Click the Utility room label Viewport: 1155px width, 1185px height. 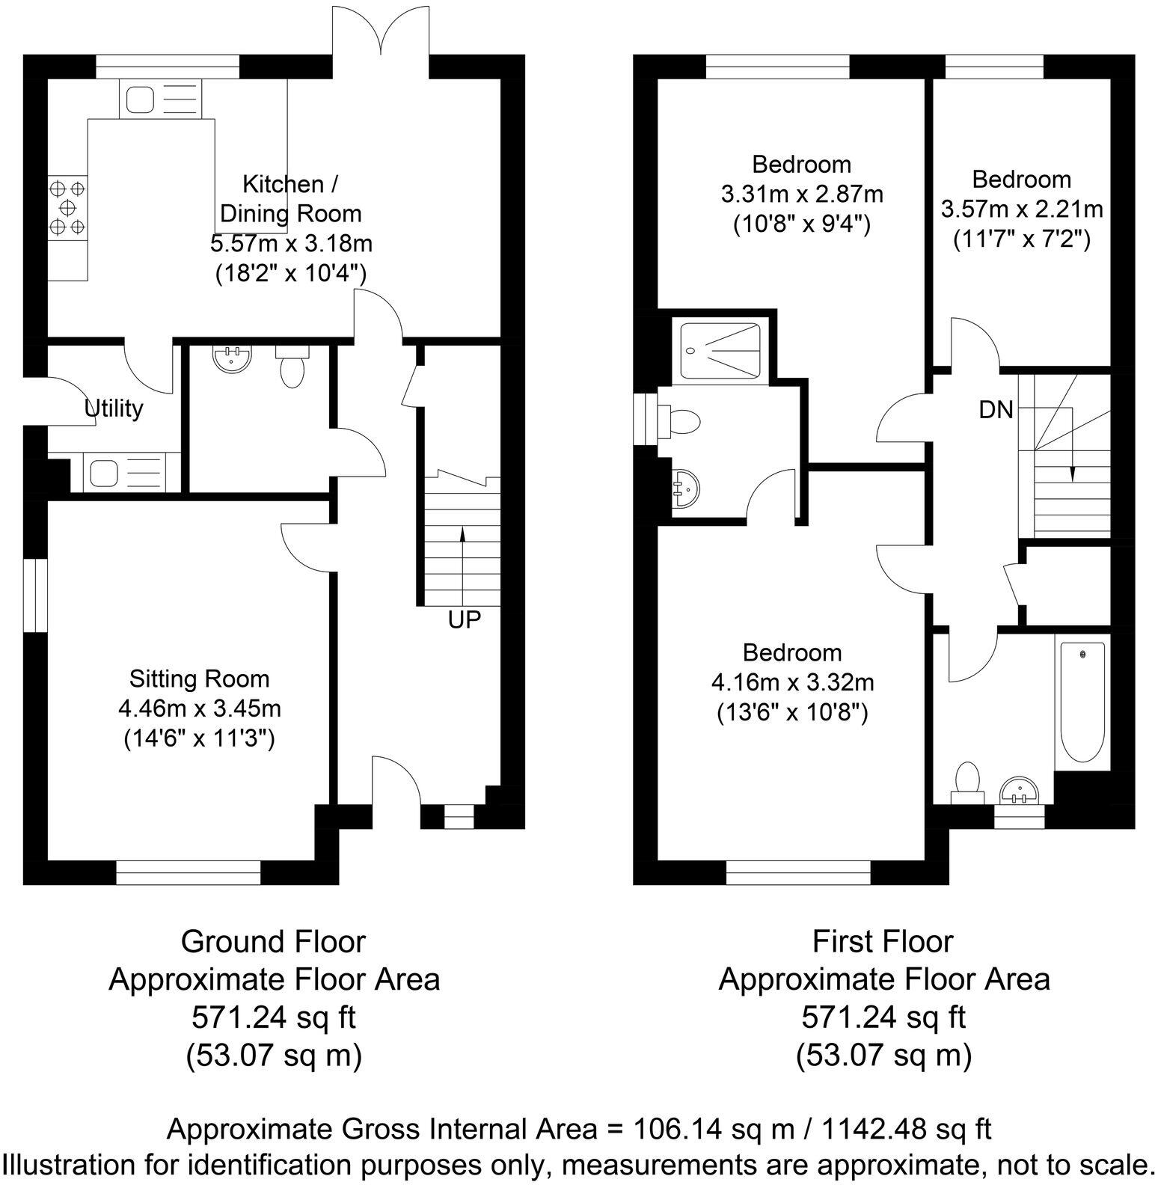[114, 408]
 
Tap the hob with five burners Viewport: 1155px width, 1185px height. [67, 206]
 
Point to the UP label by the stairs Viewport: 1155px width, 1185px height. [464, 619]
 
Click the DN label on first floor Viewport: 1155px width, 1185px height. [996, 409]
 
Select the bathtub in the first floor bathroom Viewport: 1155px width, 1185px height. [1082, 701]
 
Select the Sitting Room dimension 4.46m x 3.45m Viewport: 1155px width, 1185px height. [200, 708]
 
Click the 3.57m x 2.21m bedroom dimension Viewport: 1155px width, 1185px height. [1022, 209]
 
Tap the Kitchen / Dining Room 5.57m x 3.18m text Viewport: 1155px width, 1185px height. [291, 243]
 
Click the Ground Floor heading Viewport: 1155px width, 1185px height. [273, 941]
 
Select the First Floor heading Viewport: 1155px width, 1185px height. [883, 941]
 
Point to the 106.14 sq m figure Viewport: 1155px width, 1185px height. [714, 1128]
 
